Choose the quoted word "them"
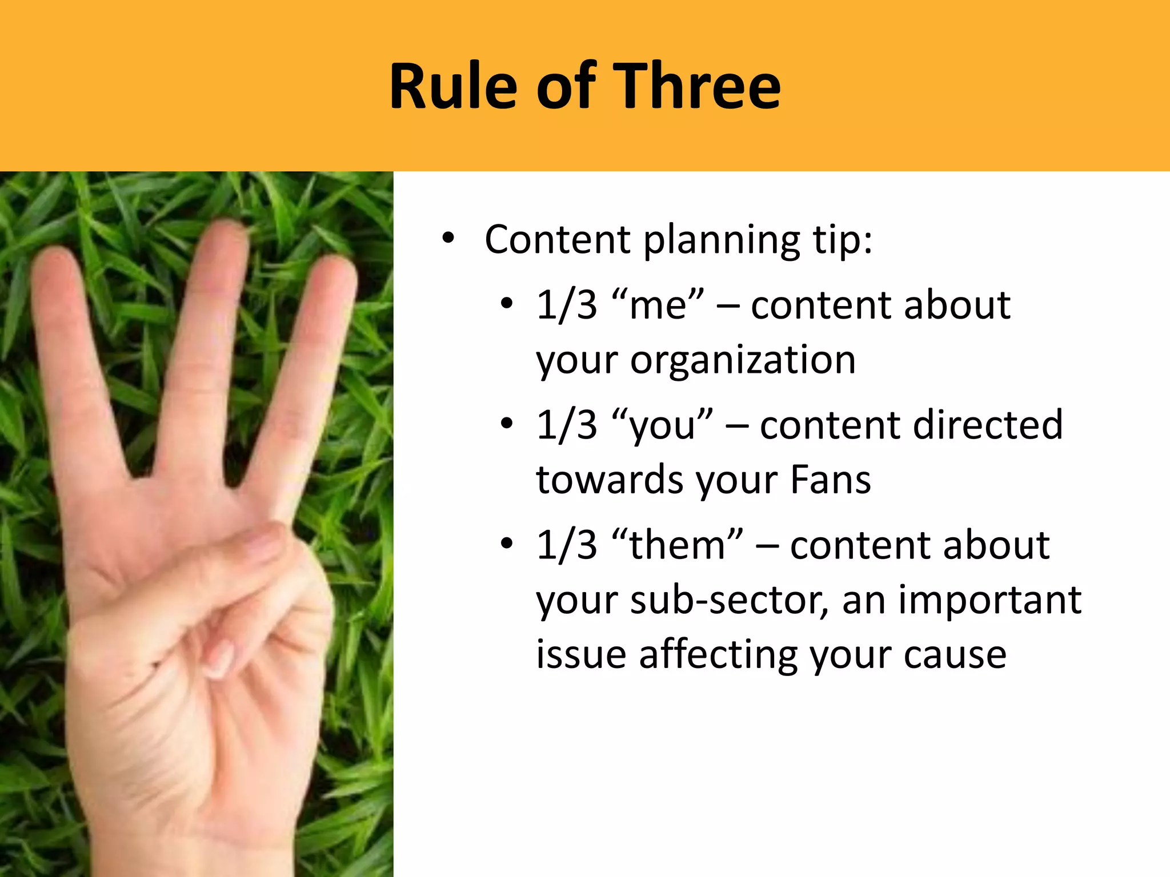677,545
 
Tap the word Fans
831,480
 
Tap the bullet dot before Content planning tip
448,240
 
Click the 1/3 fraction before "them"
566,545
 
